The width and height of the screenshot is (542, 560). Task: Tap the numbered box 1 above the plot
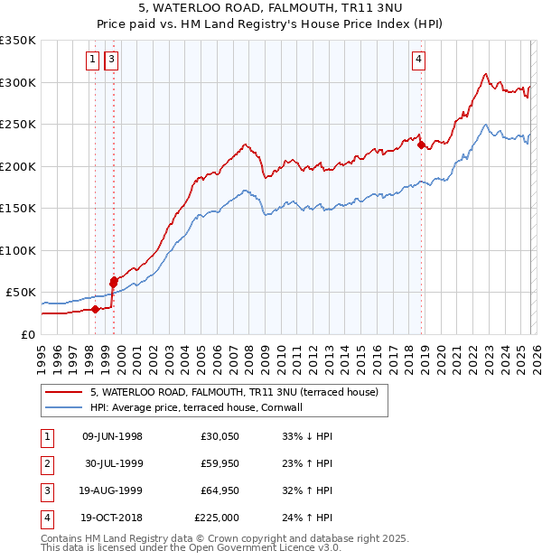point(93,61)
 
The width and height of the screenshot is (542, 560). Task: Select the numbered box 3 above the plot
point(111,61)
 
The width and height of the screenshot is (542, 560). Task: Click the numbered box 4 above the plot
point(419,61)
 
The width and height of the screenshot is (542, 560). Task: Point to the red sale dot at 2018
point(421,145)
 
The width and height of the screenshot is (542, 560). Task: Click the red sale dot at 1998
point(95,309)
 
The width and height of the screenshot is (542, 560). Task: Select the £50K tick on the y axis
point(21,293)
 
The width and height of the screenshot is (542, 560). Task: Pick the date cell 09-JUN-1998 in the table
point(112,436)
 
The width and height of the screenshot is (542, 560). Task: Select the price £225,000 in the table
point(217,518)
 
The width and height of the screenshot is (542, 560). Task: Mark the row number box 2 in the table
point(45,463)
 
